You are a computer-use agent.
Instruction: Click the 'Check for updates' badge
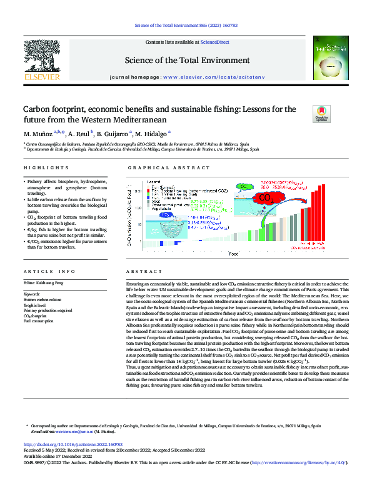click(322, 114)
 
